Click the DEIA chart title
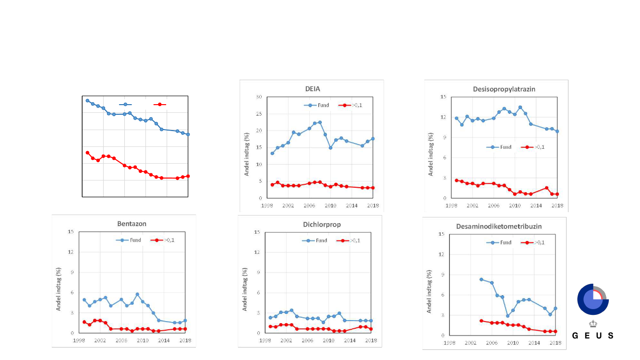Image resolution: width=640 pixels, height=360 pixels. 313,89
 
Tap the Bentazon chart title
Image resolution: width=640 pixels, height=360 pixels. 132,224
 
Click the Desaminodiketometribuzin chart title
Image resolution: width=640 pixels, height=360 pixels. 495,226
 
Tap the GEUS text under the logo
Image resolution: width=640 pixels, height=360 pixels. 592,336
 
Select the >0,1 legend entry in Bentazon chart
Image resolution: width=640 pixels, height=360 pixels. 164,240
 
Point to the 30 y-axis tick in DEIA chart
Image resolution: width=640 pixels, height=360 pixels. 258,97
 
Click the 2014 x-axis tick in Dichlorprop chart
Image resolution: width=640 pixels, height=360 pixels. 349,340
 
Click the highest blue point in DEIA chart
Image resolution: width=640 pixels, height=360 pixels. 320,122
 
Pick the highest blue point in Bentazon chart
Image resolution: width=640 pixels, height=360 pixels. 137,294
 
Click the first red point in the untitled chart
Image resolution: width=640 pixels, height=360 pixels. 87,153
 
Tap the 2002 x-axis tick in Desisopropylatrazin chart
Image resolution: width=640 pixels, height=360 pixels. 472,205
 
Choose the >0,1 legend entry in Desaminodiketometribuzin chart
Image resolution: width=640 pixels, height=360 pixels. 535,242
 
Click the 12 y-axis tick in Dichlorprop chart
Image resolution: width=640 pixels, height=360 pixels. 257,252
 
